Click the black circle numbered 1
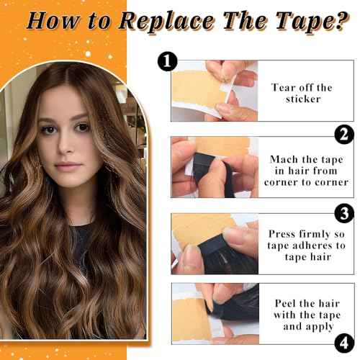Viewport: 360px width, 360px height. coord(166,63)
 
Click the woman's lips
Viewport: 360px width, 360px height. coord(68,166)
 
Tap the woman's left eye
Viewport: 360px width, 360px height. coord(84,128)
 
